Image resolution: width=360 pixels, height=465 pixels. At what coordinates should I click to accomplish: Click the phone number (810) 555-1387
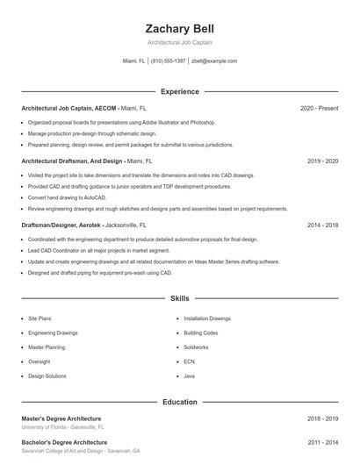[x=169, y=61]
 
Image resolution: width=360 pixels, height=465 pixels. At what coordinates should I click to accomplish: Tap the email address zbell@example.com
[x=214, y=61]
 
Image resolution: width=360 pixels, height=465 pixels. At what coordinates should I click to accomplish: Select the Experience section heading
[x=180, y=91]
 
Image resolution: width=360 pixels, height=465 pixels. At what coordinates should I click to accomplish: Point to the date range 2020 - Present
[x=320, y=108]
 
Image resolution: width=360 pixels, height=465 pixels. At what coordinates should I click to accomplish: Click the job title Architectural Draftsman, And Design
[x=72, y=161]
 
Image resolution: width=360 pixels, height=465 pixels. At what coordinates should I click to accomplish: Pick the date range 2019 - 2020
[x=323, y=161]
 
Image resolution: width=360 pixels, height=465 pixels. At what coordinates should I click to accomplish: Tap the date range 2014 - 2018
[x=323, y=225]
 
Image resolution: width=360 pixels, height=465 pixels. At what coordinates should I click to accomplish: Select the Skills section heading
[x=180, y=299]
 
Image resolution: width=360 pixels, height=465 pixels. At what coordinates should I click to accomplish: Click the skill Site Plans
[x=40, y=319]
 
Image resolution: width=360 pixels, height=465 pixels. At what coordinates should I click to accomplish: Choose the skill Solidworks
[x=198, y=347]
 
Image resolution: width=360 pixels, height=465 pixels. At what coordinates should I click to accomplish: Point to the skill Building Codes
[x=200, y=333]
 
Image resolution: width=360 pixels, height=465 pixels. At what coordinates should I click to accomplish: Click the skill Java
[x=189, y=376]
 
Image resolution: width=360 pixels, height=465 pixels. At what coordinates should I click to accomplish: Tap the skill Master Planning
[x=47, y=347]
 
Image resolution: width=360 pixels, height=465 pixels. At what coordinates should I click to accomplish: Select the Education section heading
[x=180, y=402]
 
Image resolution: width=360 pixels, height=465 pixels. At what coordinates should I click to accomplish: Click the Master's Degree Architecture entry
[x=61, y=418]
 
